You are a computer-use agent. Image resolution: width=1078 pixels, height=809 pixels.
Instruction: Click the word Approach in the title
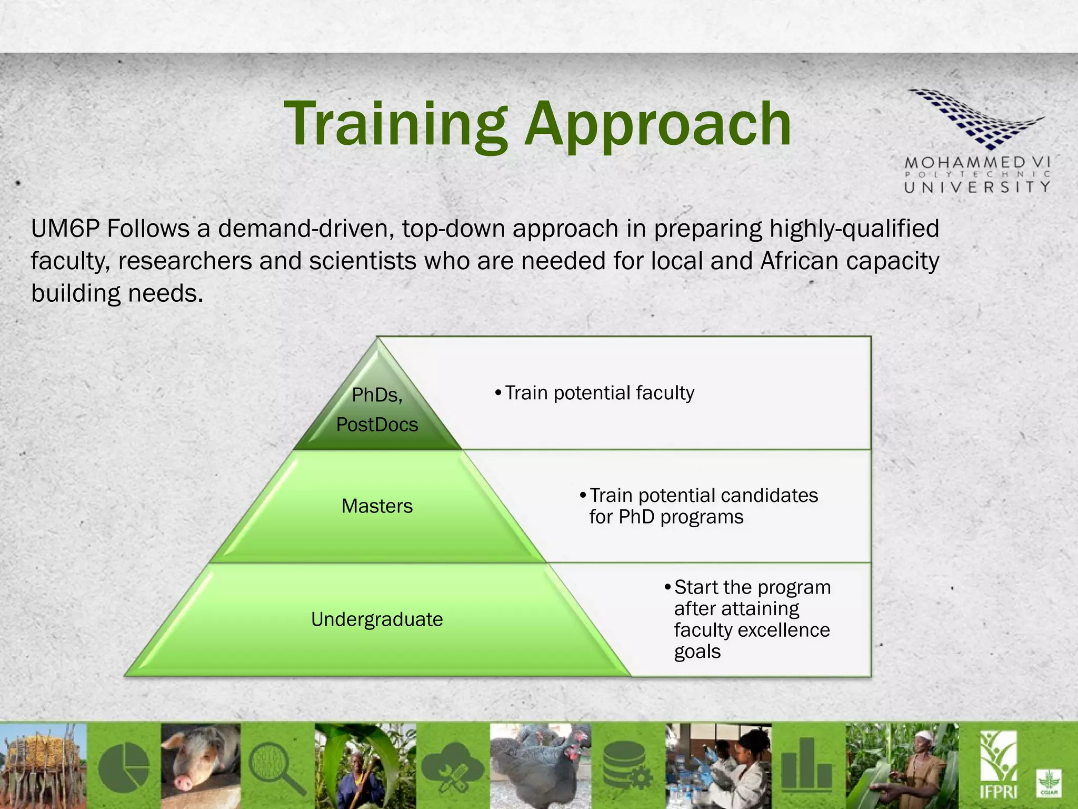coord(658,125)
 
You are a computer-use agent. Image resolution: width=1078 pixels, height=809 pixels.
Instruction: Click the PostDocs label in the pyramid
coord(377,425)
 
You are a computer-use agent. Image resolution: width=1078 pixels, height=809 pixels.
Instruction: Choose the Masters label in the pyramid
coord(377,506)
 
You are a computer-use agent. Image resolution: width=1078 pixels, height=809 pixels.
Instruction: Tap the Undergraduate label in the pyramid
coord(377,619)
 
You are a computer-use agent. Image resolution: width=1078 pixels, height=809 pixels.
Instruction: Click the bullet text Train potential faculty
coord(599,393)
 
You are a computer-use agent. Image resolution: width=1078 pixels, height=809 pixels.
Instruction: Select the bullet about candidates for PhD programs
coord(703,506)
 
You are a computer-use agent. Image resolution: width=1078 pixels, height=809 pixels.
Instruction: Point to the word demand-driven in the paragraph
coord(306,229)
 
